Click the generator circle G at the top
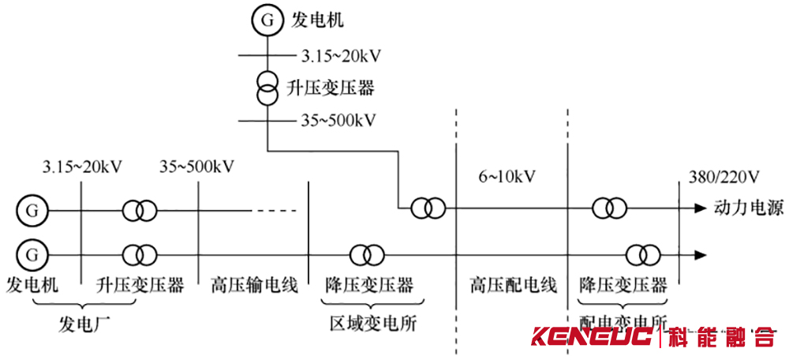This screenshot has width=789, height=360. click(267, 21)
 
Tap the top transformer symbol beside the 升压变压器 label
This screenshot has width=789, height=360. click(267, 87)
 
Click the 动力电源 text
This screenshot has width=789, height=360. click(749, 209)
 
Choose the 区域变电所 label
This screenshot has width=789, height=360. click(373, 323)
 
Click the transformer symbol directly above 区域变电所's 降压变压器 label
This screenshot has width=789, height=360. click(368, 255)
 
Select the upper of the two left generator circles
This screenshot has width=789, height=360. click(32, 211)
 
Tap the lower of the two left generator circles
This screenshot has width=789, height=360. click(32, 255)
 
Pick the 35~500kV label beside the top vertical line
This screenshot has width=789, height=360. click(337, 122)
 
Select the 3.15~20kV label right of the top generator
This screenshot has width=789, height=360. click(342, 56)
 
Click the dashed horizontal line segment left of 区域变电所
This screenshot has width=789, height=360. click(274, 211)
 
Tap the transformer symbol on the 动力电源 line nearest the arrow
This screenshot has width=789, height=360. click(611, 208)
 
